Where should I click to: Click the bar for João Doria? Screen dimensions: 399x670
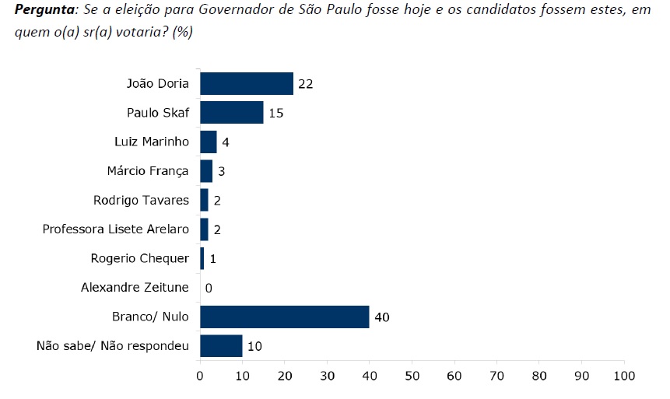[247, 83]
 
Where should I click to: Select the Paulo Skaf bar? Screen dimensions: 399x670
[232, 113]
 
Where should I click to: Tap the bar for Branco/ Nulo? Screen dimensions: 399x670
[285, 317]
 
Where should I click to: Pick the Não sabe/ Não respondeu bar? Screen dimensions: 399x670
[221, 346]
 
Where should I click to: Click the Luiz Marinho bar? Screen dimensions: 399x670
[209, 142]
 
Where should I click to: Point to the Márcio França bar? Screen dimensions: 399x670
[206, 171]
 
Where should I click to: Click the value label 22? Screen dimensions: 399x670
[305, 84]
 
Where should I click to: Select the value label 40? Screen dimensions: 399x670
[381, 317]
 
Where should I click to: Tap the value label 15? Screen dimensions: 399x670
[275, 114]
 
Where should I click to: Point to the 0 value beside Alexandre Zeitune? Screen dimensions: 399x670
[209, 289]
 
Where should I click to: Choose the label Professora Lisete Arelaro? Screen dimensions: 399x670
[115, 229]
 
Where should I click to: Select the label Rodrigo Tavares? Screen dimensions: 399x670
[141, 200]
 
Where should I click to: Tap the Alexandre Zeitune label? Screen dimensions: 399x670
[135, 288]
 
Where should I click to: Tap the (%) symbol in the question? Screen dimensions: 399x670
[183, 33]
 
